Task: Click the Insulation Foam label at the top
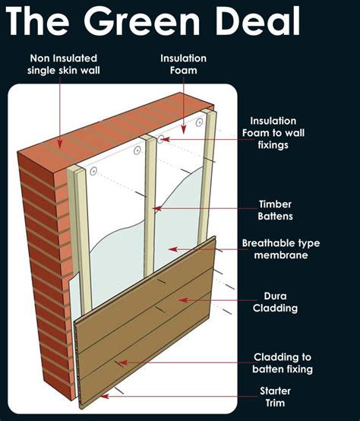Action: click(183, 64)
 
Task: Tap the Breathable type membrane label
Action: click(280, 248)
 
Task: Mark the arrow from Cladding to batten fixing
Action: click(122, 363)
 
